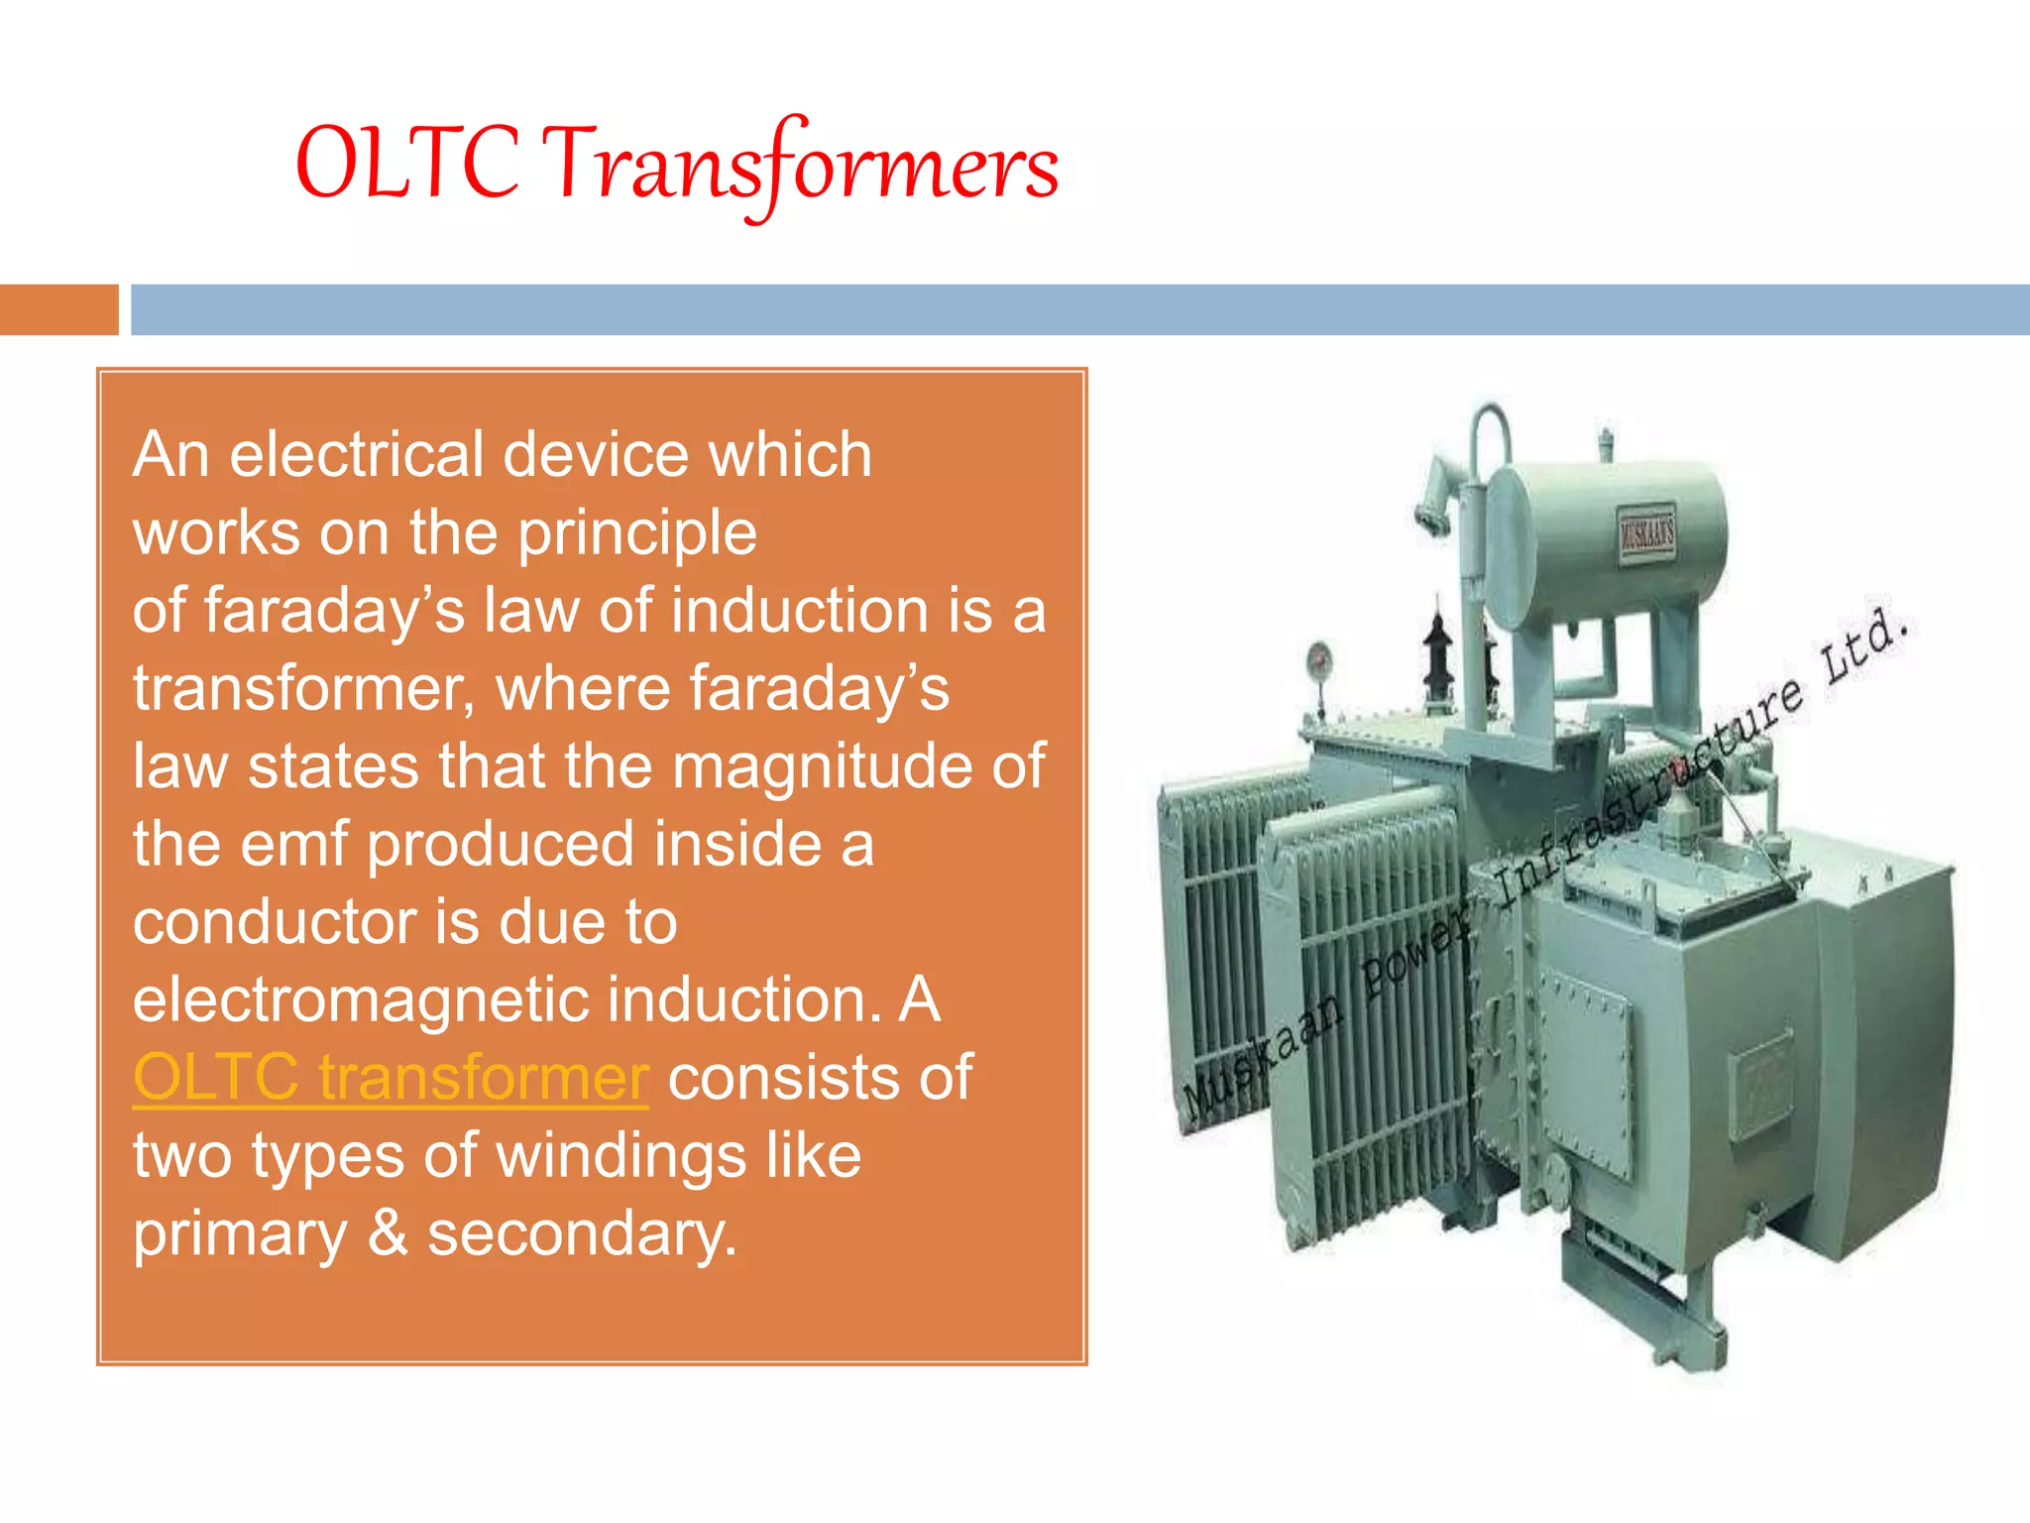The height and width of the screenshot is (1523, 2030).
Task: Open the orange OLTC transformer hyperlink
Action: point(391,1078)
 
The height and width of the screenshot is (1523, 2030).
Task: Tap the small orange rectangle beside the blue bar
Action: point(58,309)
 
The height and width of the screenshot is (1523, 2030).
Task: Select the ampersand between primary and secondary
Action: point(388,1233)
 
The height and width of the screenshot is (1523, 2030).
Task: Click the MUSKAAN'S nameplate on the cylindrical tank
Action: point(1646,535)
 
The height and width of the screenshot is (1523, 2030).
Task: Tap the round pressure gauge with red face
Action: point(1319,657)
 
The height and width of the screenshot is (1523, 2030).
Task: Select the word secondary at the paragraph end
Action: point(582,1234)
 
